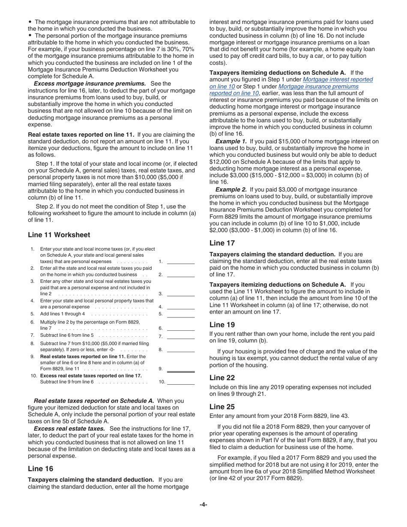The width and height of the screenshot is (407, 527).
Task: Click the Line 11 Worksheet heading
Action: tap(59, 235)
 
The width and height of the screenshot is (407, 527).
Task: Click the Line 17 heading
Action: tap(222, 243)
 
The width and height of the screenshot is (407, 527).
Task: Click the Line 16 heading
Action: tap(41, 469)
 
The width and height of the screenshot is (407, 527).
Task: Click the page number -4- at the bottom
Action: tap(203, 504)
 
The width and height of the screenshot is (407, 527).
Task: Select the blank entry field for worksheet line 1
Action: tap(180, 261)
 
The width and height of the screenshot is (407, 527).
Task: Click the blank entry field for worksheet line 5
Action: tap(180, 314)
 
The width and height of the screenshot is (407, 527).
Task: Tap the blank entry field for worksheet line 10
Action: tap(180, 382)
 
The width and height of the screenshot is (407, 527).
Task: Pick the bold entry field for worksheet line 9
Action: tap(180, 368)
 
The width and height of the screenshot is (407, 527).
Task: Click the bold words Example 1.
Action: tap(231, 141)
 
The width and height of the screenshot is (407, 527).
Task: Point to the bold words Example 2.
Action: tap(231, 189)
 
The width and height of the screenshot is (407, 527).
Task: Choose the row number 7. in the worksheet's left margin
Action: tap(32, 335)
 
